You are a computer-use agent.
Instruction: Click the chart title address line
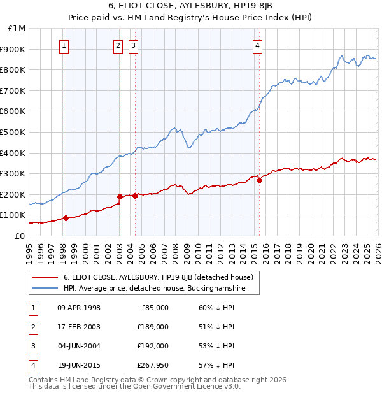[x=191, y=6]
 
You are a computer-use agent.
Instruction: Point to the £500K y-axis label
[x=14, y=132]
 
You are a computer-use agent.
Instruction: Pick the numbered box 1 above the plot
[x=65, y=45]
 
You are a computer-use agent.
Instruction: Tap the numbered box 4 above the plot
[x=257, y=45]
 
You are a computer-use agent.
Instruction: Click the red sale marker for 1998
[x=66, y=218]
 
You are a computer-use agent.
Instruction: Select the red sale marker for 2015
[x=259, y=180]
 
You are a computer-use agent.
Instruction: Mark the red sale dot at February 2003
[x=120, y=196]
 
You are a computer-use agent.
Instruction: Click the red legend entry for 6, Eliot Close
[x=159, y=277]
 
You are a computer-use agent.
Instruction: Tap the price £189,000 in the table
[x=153, y=327]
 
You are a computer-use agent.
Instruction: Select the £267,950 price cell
[x=153, y=365]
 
